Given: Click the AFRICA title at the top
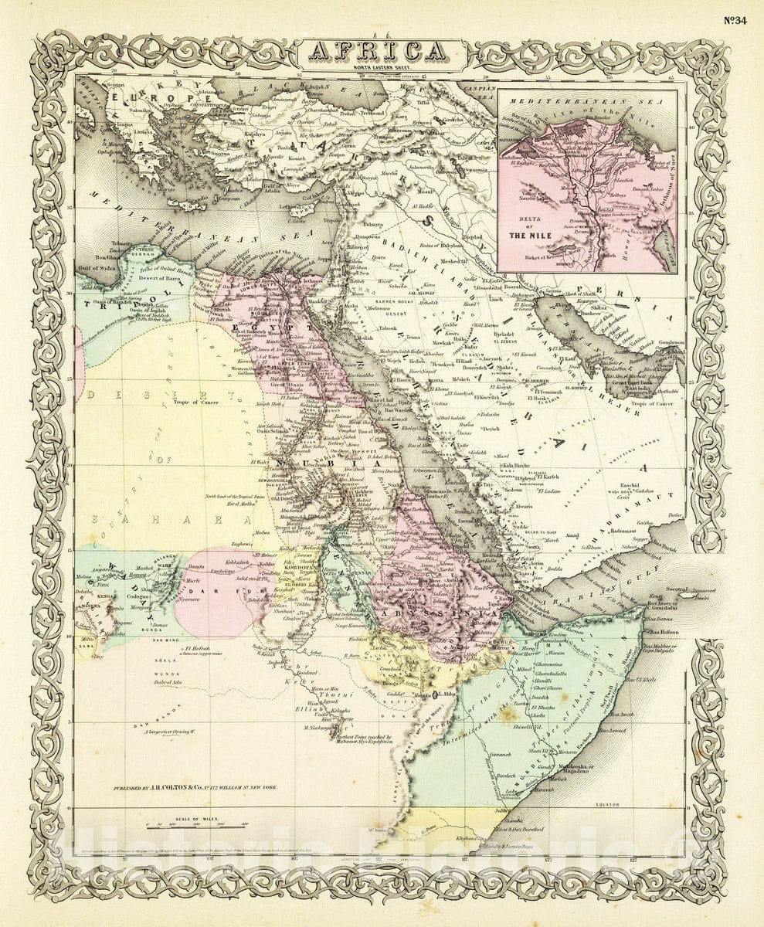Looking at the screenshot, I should pyautogui.click(x=382, y=52).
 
